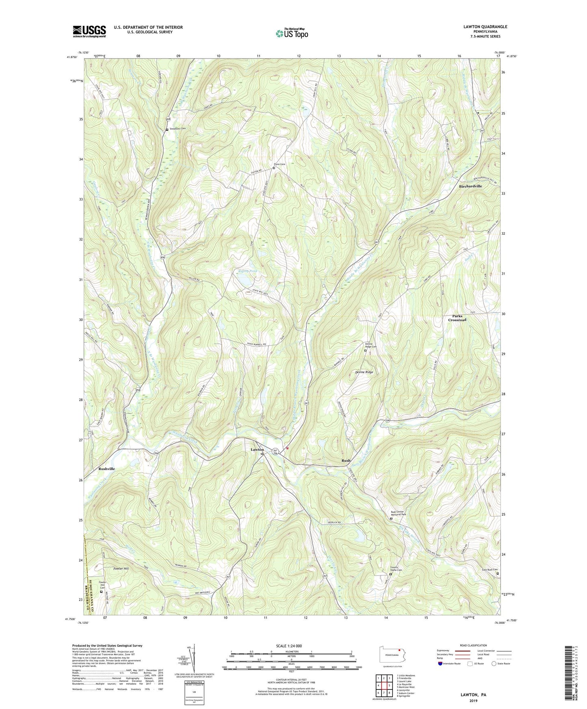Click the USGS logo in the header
pyautogui.click(x=89, y=31)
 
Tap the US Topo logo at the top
pyautogui.click(x=291, y=33)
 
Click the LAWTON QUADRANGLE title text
pyautogui.click(x=485, y=27)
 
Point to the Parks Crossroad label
pyautogui.click(x=457, y=318)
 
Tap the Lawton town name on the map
pyautogui.click(x=257, y=450)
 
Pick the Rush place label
pyautogui.click(x=346, y=460)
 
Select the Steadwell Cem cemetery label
pyautogui.click(x=178, y=130)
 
